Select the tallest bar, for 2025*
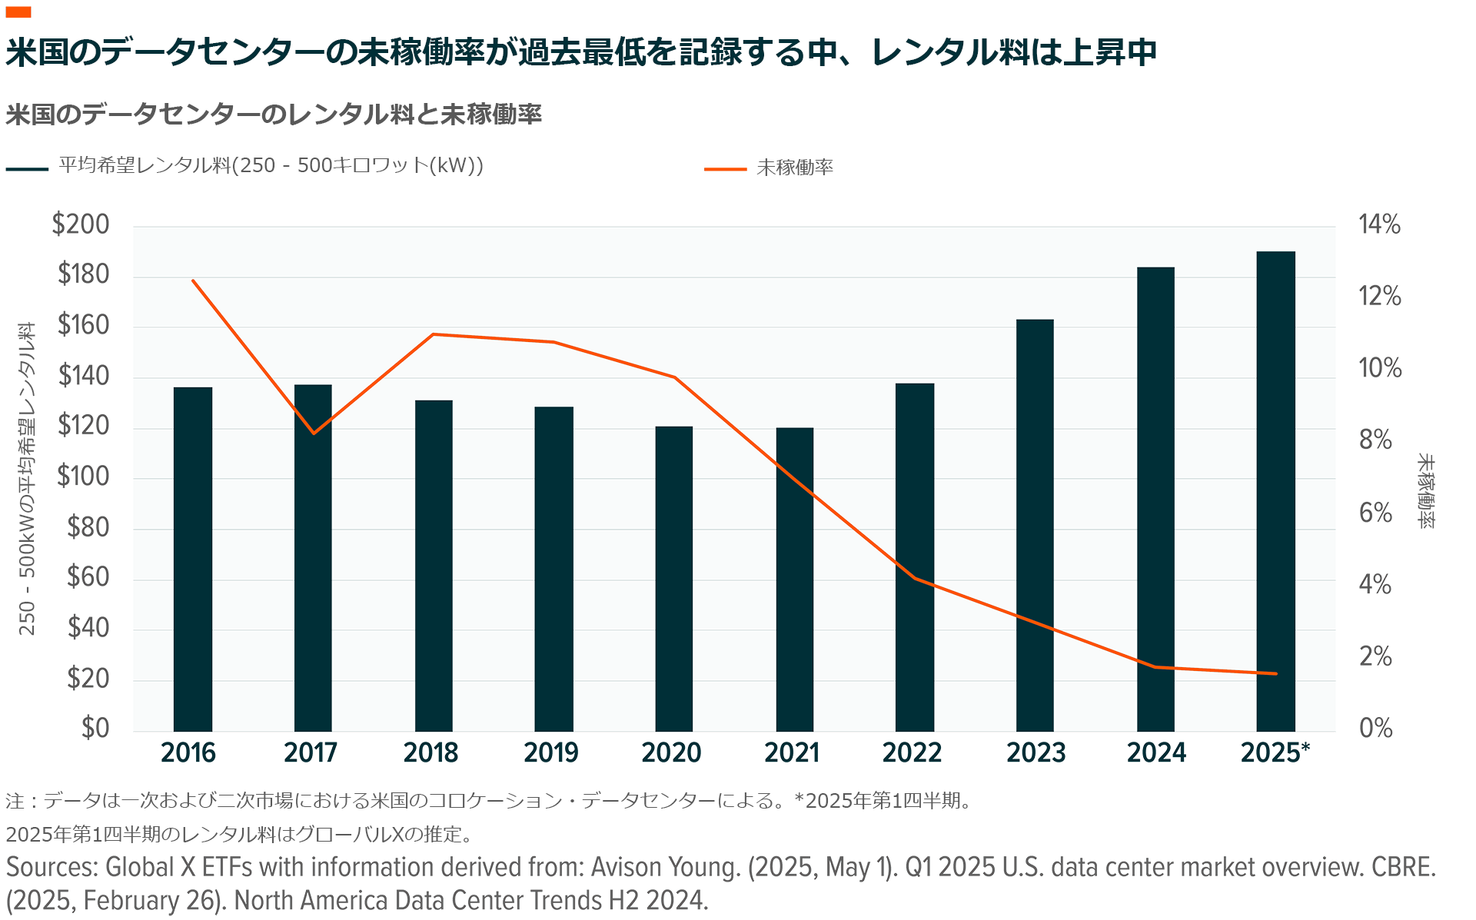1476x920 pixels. pyautogui.click(x=1275, y=491)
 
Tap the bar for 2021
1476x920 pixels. pyautogui.click(x=794, y=580)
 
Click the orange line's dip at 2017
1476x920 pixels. pyautogui.click(x=314, y=433)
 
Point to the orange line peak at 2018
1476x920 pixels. pyautogui.click(x=434, y=334)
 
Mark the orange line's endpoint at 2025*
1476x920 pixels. pyautogui.click(x=1275, y=673)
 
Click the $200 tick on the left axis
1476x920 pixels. pyautogui.click(x=81, y=224)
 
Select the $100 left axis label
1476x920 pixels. pyautogui.click(x=83, y=477)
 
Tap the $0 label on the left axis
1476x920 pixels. pyautogui.click(x=95, y=727)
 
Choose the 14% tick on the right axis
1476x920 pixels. pyautogui.click(x=1379, y=224)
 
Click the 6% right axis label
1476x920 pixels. pyautogui.click(x=1375, y=513)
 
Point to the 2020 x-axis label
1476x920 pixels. pyautogui.click(x=671, y=752)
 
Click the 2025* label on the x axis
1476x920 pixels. pyautogui.click(x=1275, y=752)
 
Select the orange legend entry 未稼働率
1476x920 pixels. pyautogui.click(x=795, y=168)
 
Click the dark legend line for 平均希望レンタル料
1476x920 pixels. pyautogui.click(x=27, y=168)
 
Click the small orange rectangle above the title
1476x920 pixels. pyautogui.click(x=18, y=12)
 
